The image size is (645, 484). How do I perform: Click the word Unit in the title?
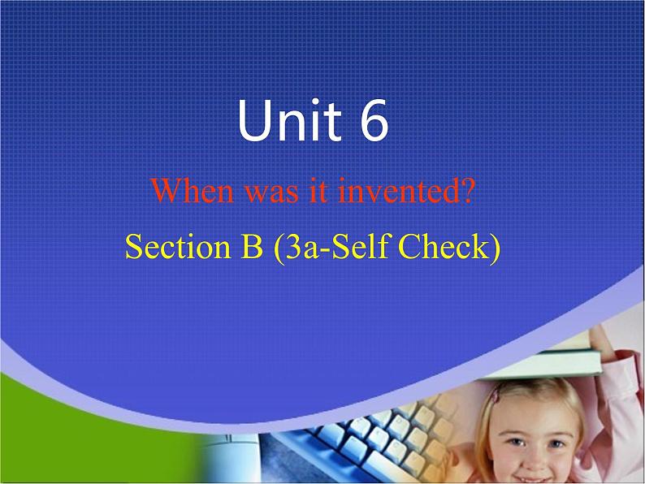tap(290, 119)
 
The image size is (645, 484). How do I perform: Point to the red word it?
tap(318, 191)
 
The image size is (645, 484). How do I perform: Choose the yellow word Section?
tap(178, 246)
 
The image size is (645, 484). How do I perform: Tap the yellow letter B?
tap(252, 246)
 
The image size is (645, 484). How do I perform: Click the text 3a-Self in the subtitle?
tap(337, 246)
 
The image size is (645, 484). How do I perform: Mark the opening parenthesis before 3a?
tap(279, 247)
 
